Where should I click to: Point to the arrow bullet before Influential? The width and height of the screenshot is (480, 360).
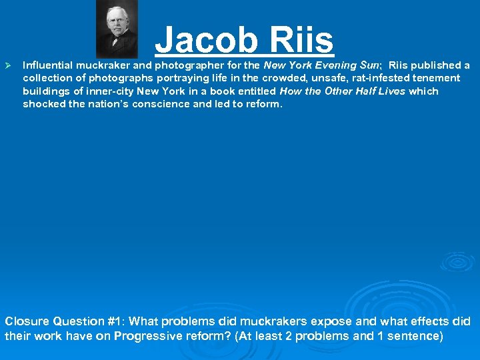coord(9,65)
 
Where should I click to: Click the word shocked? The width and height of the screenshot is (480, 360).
coord(43,104)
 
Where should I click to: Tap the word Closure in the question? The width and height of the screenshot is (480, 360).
coord(27,321)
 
